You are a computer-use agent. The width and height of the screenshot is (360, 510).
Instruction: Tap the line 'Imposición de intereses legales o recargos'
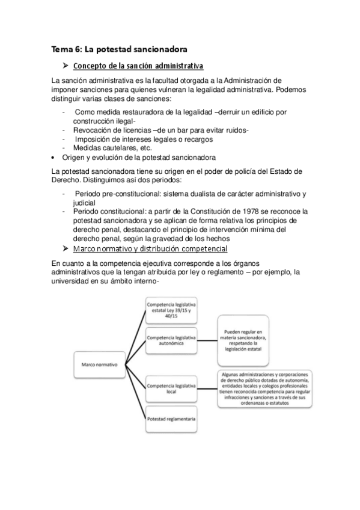144,140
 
